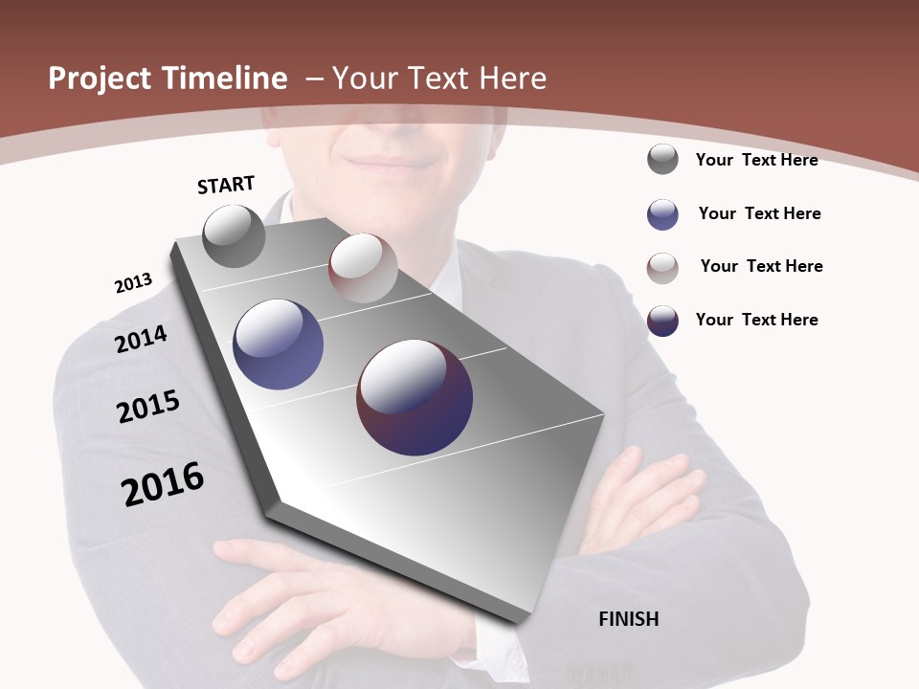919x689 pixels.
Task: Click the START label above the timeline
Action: tap(226, 184)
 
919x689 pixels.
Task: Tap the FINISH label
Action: tap(628, 619)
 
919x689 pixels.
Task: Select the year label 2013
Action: tap(133, 283)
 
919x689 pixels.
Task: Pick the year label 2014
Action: tap(141, 339)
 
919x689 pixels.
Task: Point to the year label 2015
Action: tap(148, 407)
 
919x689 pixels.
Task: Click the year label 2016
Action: tap(163, 484)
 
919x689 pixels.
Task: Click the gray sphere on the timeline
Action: tap(234, 235)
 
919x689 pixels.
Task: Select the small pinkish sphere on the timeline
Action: tap(363, 267)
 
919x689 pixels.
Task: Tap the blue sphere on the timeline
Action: tap(278, 344)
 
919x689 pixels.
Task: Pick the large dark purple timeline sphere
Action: tap(415, 397)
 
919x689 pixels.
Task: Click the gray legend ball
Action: tap(662, 159)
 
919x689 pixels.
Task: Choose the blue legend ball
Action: tap(662, 214)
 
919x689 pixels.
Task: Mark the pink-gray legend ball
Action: tap(662, 268)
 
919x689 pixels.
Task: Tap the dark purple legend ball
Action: tap(662, 321)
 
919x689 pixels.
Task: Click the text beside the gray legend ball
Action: tap(756, 160)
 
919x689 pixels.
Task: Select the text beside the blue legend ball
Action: tap(759, 213)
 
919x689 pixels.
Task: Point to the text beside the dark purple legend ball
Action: tap(756, 320)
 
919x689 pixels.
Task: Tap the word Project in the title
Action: tap(98, 78)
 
